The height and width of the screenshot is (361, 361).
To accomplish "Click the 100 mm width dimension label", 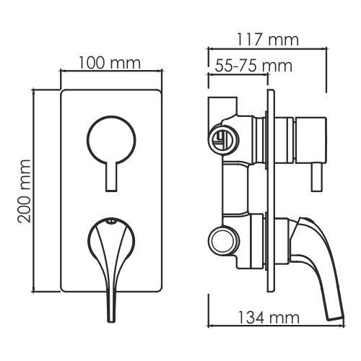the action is point(110,63).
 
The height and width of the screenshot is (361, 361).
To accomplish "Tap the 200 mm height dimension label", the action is point(25,191).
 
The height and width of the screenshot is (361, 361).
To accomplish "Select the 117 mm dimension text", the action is point(268,40).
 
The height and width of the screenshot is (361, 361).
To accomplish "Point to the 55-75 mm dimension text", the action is point(253,66).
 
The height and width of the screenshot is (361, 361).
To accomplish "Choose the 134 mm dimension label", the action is point(269,318).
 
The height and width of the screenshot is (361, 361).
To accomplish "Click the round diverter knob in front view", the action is point(111,139).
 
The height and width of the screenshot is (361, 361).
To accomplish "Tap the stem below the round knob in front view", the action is point(111,176).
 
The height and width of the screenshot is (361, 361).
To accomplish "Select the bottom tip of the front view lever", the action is point(110,321).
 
